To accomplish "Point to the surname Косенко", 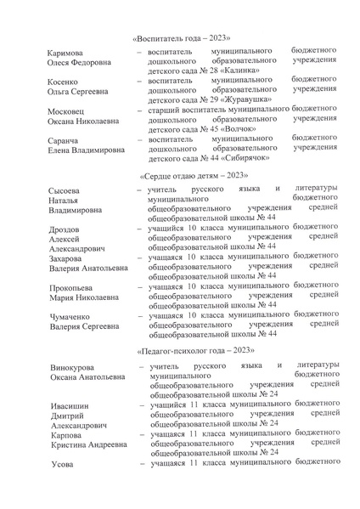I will pyautogui.click(x=66, y=82).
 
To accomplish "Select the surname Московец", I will pyautogui.click(x=70, y=110).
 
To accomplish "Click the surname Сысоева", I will pyautogui.click(x=68, y=189).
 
